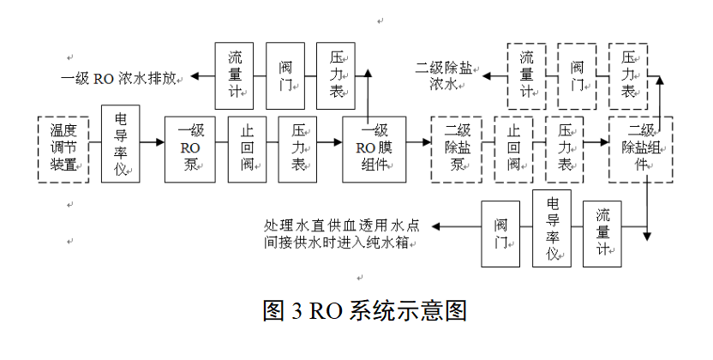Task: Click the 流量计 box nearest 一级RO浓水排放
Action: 234,75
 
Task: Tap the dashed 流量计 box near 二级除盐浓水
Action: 527,75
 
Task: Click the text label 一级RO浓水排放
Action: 120,77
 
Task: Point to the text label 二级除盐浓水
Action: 446,75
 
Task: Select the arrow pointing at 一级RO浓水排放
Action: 201,76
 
